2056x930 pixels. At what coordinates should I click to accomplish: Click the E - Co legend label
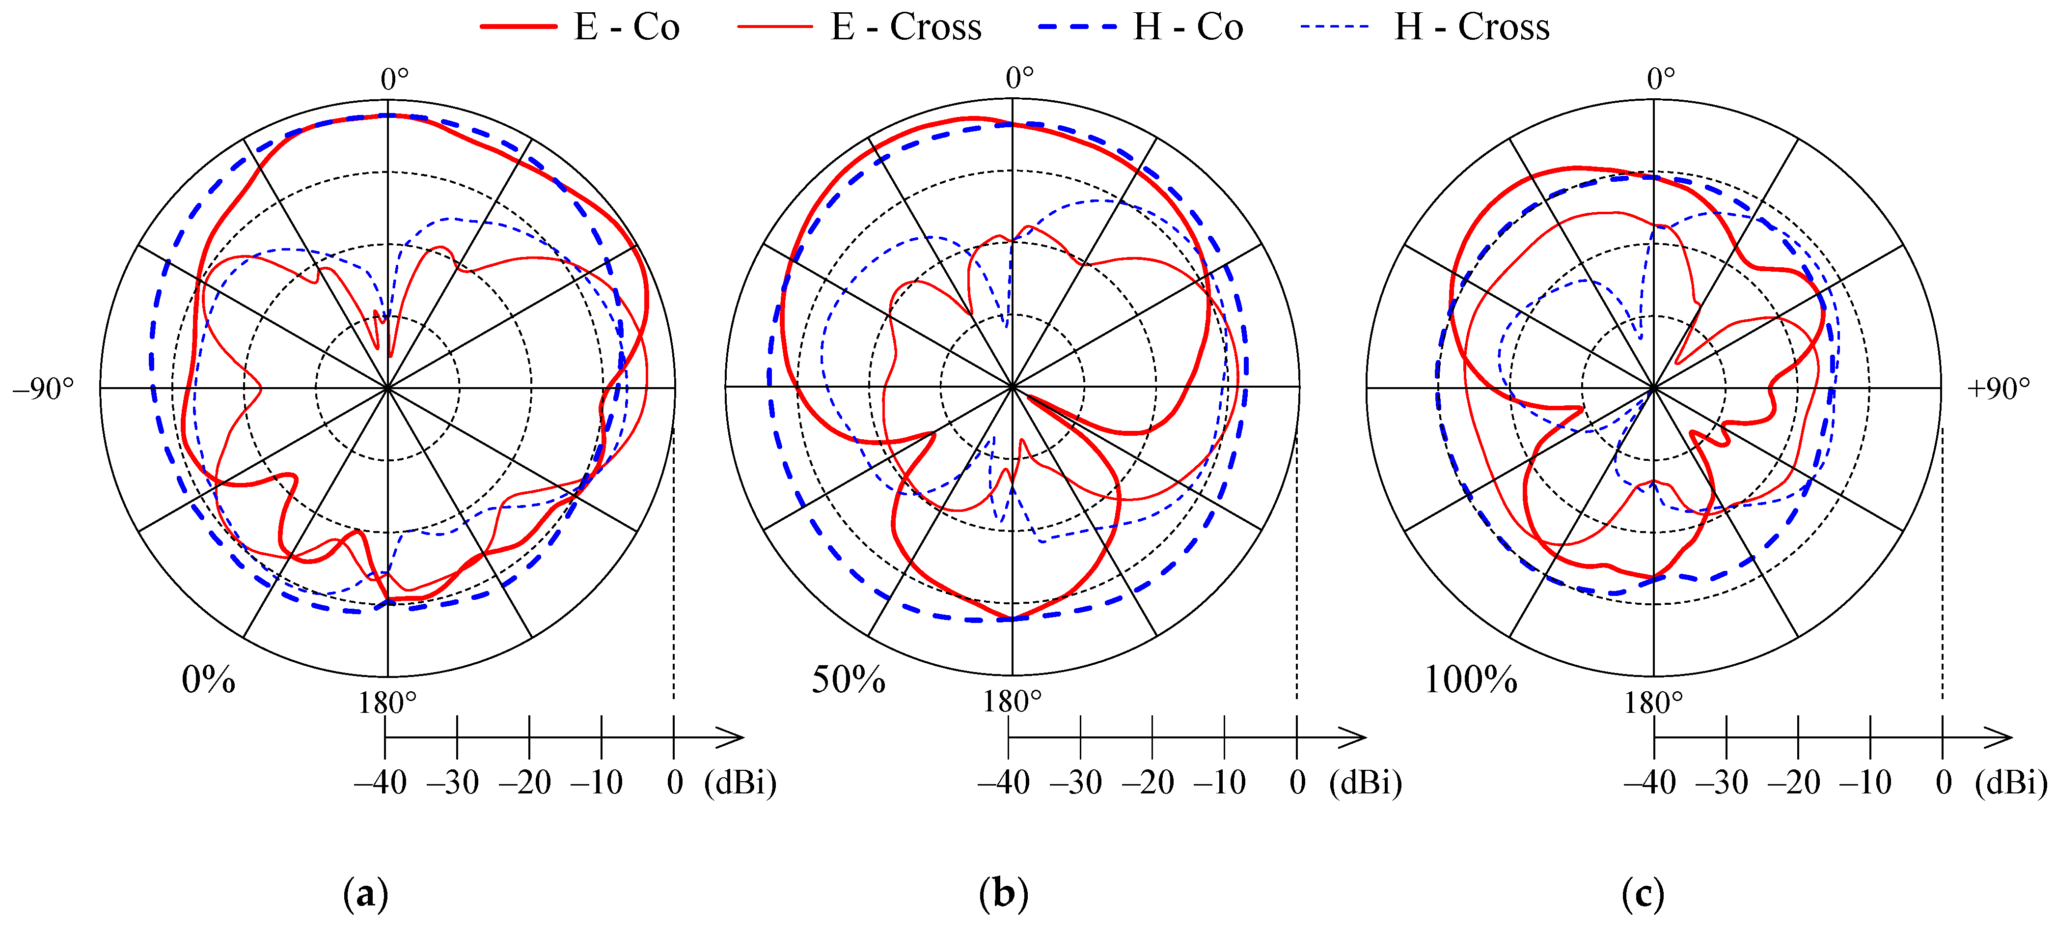pos(627,28)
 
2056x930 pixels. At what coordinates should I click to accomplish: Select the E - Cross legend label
pos(906,28)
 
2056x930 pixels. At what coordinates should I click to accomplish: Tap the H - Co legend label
pos(1188,28)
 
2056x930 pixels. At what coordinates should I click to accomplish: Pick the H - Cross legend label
pos(1471,28)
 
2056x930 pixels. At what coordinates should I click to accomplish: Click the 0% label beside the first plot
pos(208,680)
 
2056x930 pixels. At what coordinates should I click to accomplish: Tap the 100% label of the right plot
pos(1470,680)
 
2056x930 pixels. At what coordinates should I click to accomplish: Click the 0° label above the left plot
pos(394,80)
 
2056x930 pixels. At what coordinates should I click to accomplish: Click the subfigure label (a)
pos(365,894)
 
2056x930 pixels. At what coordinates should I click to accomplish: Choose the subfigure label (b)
pos(1003,894)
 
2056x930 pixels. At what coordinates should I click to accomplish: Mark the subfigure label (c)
pos(1643,894)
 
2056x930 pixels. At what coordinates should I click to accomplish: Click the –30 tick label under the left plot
pos(453,782)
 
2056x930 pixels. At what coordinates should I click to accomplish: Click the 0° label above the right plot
pos(1661,79)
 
